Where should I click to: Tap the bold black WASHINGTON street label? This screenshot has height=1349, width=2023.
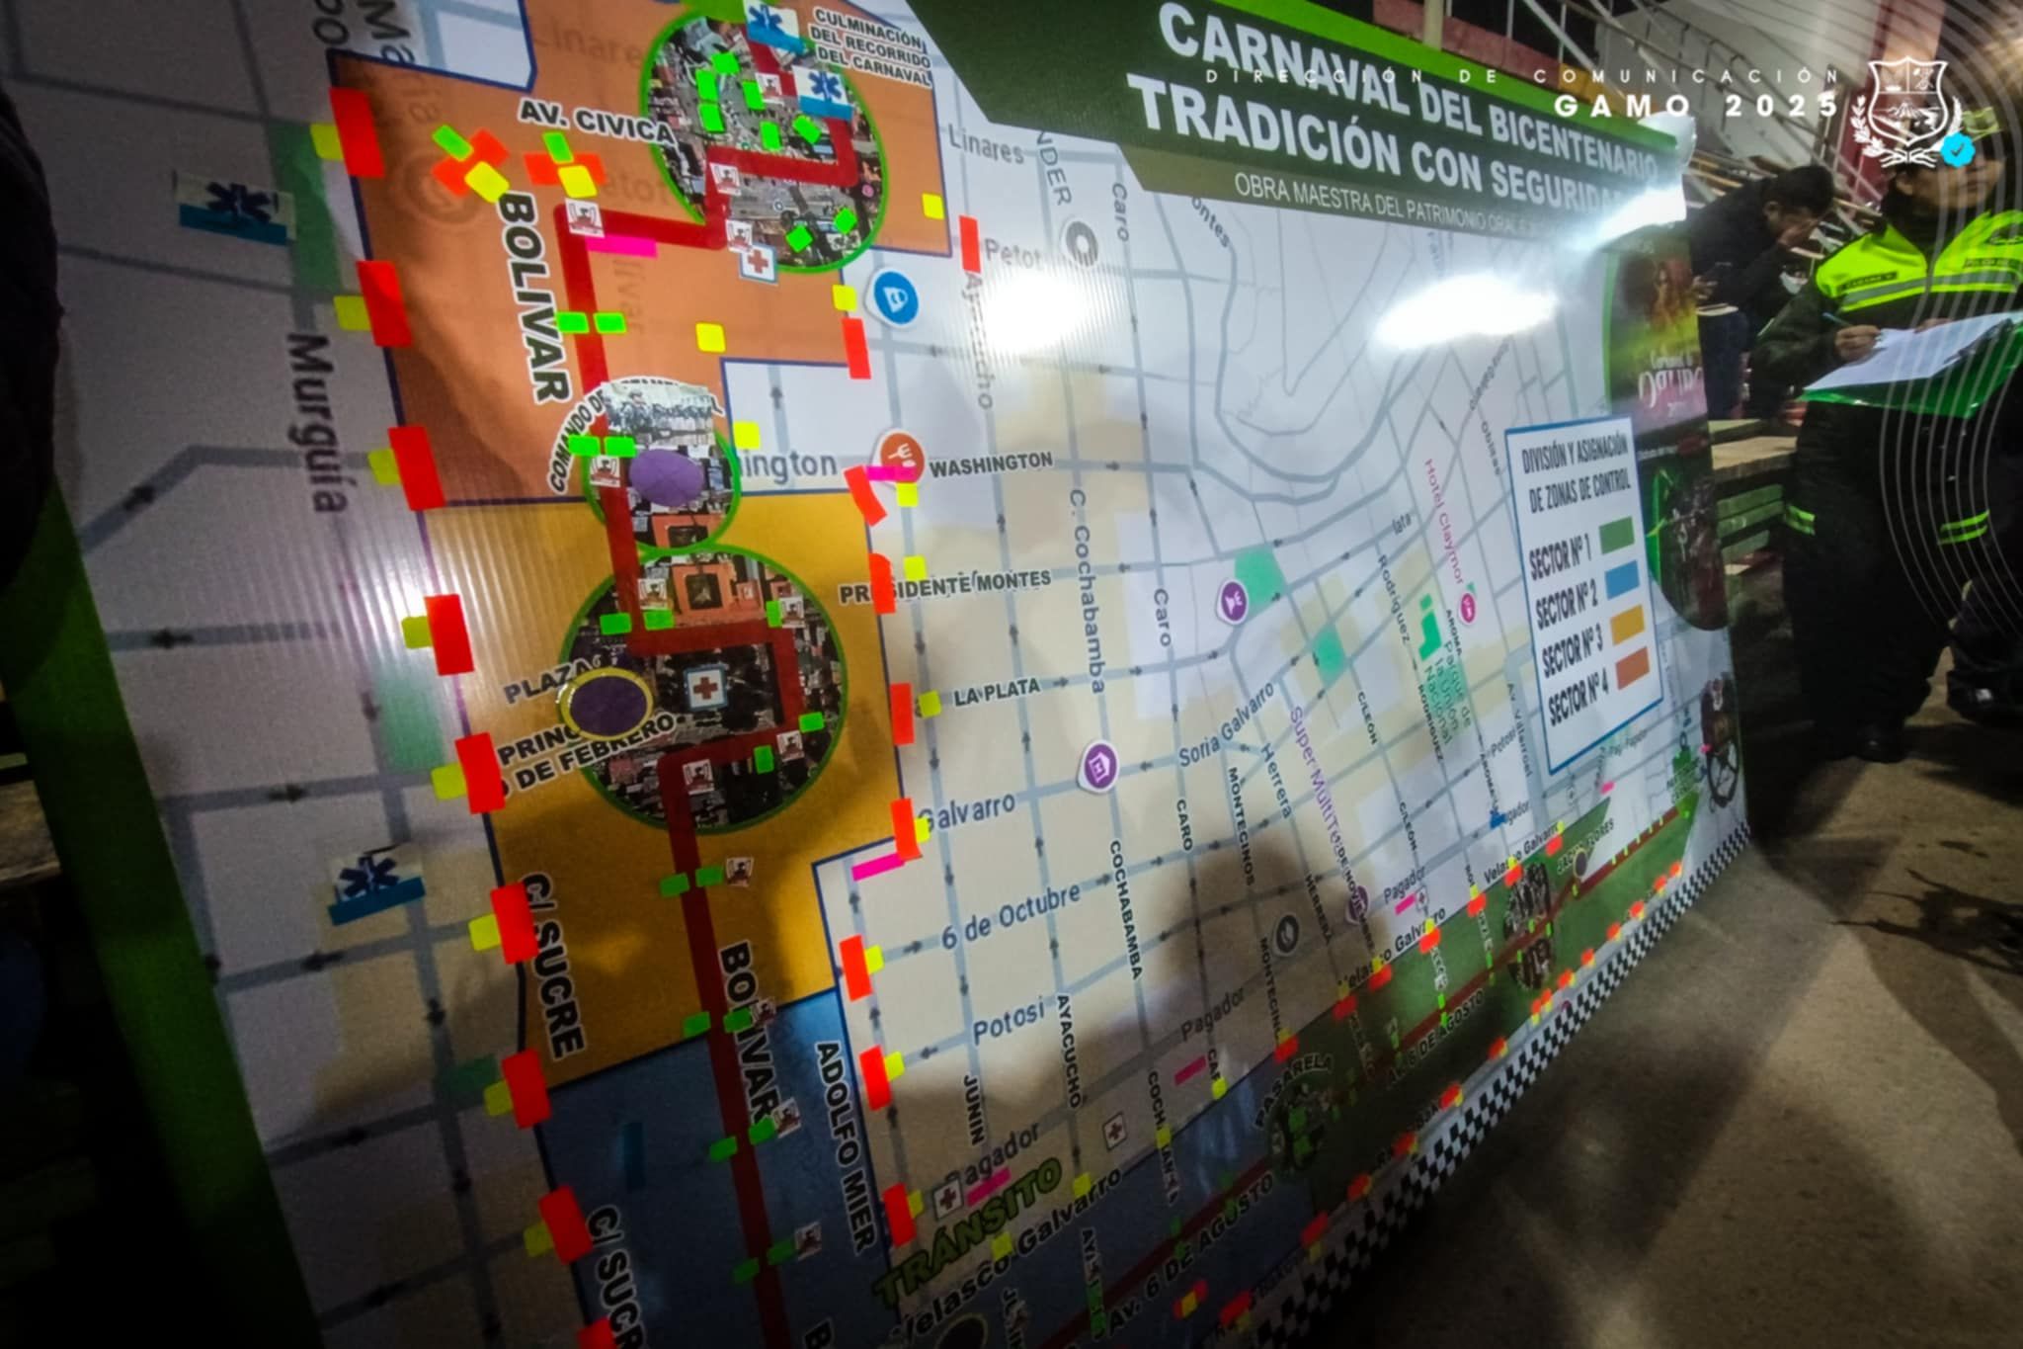pyautogui.click(x=991, y=463)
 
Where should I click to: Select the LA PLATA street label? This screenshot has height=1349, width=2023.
pyautogui.click(x=998, y=691)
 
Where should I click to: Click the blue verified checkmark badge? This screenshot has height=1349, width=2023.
pyautogui.click(x=1955, y=149)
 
